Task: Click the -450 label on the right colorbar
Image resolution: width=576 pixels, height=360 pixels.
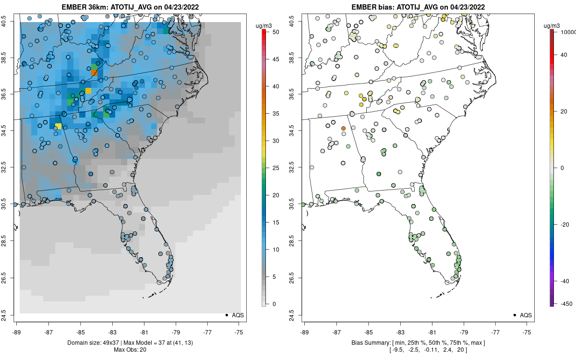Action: click(x=566, y=304)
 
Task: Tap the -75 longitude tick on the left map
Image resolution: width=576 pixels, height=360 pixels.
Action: click(x=239, y=332)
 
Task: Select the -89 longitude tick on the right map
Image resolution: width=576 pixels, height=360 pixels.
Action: click(x=305, y=332)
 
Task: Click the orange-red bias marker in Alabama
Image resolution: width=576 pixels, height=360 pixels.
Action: click(x=343, y=129)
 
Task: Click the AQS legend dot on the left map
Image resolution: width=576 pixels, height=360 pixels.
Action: click(x=226, y=315)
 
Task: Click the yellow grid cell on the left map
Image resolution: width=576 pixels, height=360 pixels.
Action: click(x=58, y=126)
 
